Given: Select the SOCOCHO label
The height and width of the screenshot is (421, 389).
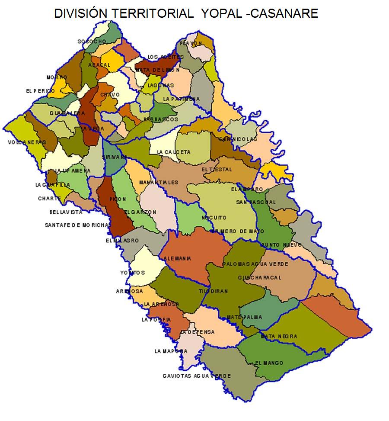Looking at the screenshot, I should pos(92,42).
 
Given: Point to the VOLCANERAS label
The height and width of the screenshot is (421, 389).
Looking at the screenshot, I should pos(27,142).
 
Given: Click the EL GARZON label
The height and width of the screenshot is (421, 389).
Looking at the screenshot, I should pos(140,212).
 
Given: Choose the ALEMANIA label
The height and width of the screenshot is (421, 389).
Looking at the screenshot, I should pos(177,259).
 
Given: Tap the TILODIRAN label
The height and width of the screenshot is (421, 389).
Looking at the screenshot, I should pos(213,291).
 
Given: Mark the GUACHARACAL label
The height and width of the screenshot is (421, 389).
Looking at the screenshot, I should pos(260,277).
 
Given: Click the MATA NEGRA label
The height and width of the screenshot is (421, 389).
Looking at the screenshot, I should pos(279,336).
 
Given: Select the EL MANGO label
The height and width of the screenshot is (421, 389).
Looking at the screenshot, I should pos(269,363).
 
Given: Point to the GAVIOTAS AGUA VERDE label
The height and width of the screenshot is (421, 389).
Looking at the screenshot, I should pos(197,376).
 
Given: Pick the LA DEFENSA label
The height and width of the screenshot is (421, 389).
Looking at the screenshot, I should pos(197,332).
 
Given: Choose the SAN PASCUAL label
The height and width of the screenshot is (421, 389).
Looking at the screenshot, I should pos(256,202).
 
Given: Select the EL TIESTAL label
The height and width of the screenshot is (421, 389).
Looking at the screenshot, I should pos(217,170).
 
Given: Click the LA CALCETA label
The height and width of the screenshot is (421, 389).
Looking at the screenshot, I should pos(173,152).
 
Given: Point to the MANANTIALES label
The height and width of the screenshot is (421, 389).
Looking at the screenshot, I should pos(159,182).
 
